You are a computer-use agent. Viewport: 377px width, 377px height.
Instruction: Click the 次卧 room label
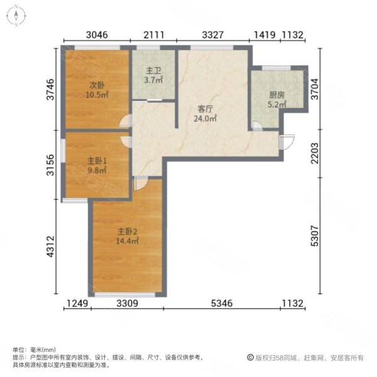[x=96, y=85]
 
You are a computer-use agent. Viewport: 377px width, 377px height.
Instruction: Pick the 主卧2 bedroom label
[x=126, y=230]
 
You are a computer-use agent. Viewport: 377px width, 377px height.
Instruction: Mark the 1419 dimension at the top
[x=265, y=35]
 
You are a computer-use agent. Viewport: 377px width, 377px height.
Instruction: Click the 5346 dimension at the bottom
[x=222, y=305]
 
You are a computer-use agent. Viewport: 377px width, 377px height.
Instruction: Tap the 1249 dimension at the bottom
[x=78, y=305]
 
